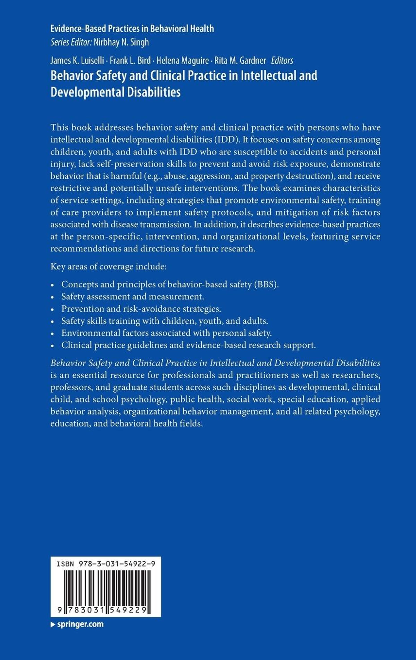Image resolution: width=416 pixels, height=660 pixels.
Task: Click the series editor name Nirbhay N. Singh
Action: [x=121, y=42]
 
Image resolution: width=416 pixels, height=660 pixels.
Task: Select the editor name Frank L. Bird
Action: [x=130, y=61]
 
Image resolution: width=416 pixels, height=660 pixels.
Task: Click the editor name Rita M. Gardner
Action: [x=240, y=61]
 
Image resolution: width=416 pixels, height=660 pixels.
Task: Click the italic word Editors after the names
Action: [x=282, y=61]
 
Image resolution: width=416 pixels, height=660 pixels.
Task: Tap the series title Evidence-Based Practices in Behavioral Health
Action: [x=132, y=29]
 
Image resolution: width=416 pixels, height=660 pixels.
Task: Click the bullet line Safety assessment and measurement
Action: [x=133, y=296]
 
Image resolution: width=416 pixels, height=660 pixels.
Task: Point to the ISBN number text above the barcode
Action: [x=106, y=564]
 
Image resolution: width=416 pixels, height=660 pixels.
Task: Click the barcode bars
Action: [x=106, y=587]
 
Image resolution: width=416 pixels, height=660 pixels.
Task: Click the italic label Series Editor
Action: [x=71, y=42]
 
